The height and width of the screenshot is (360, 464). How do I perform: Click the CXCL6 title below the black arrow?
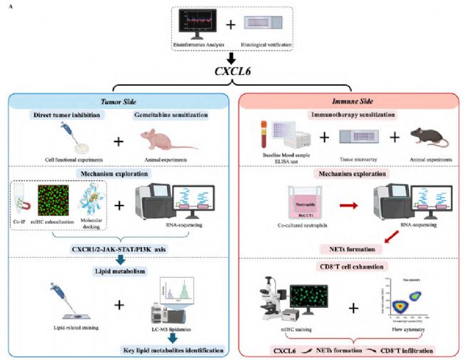(x=231, y=72)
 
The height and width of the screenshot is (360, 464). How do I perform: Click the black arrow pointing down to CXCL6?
(x=231, y=57)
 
